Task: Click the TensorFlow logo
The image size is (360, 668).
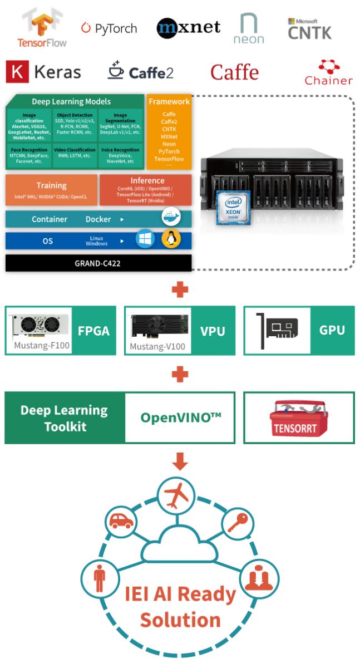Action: (x=42, y=29)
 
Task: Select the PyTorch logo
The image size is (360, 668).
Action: (x=109, y=28)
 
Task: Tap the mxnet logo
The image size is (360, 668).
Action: (x=188, y=27)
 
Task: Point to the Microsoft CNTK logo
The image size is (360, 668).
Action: (x=309, y=29)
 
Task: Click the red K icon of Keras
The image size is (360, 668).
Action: (x=17, y=72)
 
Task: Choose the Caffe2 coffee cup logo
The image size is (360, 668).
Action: (x=116, y=71)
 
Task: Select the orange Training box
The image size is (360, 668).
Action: (x=51, y=189)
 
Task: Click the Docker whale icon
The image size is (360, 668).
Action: (x=171, y=218)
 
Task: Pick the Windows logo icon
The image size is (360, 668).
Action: (x=145, y=240)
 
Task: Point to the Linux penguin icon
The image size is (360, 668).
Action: (x=171, y=240)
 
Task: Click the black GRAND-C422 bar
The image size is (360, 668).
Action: (x=98, y=263)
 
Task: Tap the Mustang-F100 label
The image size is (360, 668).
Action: (x=42, y=346)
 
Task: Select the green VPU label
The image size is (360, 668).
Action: (x=213, y=331)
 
